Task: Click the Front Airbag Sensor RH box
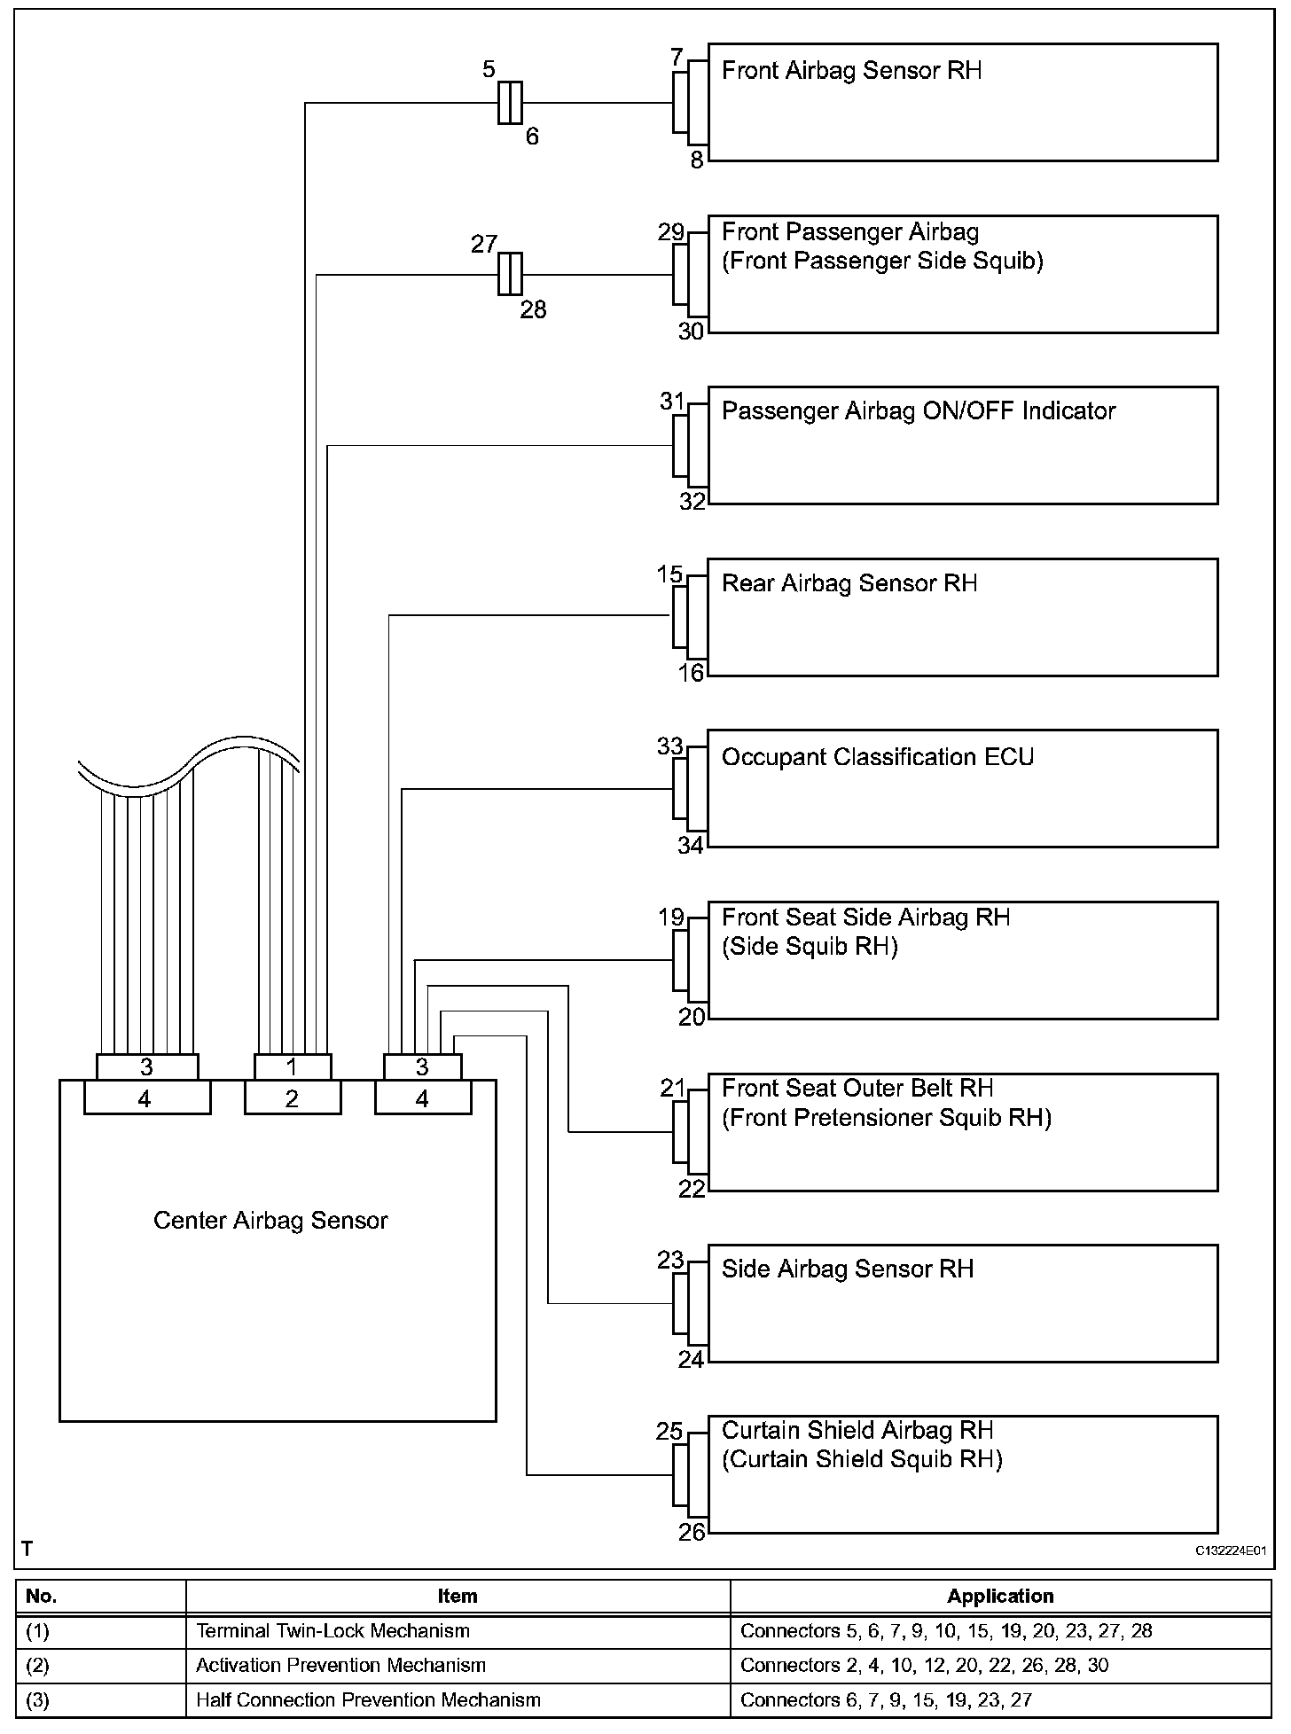click(962, 102)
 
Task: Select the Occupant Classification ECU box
click(962, 788)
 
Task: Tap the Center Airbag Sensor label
click(270, 1221)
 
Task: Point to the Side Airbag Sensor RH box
click(962, 1303)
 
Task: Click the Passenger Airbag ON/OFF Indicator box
click(962, 445)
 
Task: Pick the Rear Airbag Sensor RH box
click(962, 617)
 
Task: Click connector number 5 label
click(489, 69)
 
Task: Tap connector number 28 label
click(533, 310)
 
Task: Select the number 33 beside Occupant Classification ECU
click(670, 746)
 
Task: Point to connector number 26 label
click(692, 1531)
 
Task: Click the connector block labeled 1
click(293, 1066)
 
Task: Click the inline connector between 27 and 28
click(510, 274)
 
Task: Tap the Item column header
click(458, 1597)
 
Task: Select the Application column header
click(1000, 1597)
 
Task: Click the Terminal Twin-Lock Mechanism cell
click(333, 1631)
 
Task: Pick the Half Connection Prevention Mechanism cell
click(368, 1700)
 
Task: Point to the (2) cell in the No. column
click(38, 1666)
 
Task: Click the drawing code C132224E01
click(1230, 1550)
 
